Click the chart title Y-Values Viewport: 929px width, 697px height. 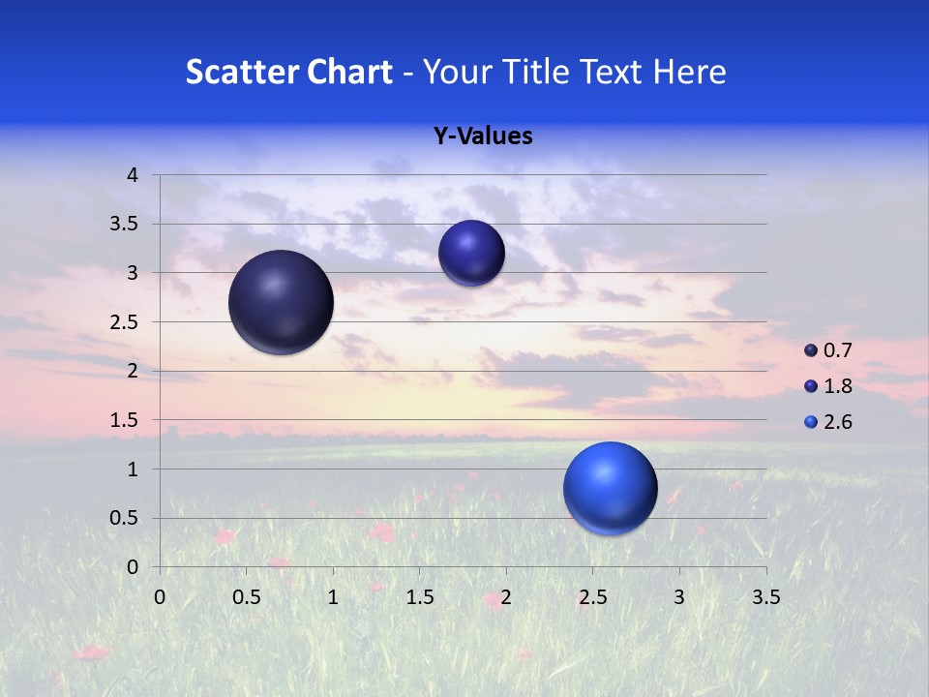483,136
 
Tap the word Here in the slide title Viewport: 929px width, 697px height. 688,72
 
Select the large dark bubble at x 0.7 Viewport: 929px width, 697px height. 281,302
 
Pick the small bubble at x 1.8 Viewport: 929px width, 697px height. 471,253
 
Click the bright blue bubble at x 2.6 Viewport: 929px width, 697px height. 610,488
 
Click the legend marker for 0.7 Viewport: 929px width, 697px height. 811,350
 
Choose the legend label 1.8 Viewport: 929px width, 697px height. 837,386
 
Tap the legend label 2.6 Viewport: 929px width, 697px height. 837,422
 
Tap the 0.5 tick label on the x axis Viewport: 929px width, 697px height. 246,597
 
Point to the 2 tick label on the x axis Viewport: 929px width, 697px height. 506,597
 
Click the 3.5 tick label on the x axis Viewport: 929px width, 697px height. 765,597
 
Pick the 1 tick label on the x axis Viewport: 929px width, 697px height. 333,597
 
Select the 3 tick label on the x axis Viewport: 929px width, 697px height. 679,597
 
